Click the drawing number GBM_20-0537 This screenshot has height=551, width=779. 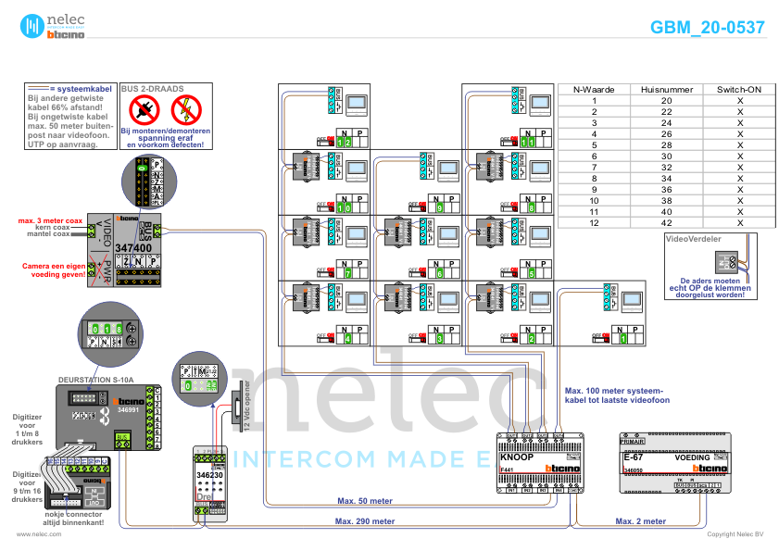(x=708, y=28)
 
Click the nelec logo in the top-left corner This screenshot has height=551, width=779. (x=52, y=26)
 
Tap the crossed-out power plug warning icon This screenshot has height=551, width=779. (x=144, y=111)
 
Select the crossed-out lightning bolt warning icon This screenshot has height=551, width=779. (x=186, y=111)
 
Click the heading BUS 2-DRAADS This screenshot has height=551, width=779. (x=152, y=89)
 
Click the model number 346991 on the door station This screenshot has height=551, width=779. (x=128, y=407)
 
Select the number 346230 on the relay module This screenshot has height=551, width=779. (x=210, y=475)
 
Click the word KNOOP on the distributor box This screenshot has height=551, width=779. (x=517, y=457)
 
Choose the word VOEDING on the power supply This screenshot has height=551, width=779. (x=694, y=457)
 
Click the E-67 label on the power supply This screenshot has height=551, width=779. (x=635, y=457)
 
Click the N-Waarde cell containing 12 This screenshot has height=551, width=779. (x=594, y=222)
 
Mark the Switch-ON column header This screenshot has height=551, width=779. (x=739, y=89)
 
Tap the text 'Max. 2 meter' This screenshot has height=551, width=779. (x=641, y=521)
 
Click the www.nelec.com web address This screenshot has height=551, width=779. (x=38, y=534)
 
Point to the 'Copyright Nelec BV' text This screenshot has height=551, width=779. (x=735, y=534)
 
